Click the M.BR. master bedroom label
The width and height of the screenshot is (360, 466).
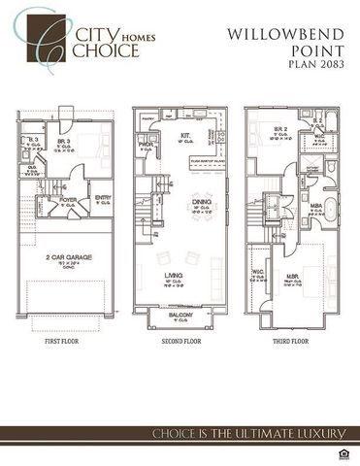[293, 279]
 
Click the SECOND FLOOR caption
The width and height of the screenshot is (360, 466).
[179, 343]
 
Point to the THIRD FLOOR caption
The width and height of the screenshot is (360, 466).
[291, 343]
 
